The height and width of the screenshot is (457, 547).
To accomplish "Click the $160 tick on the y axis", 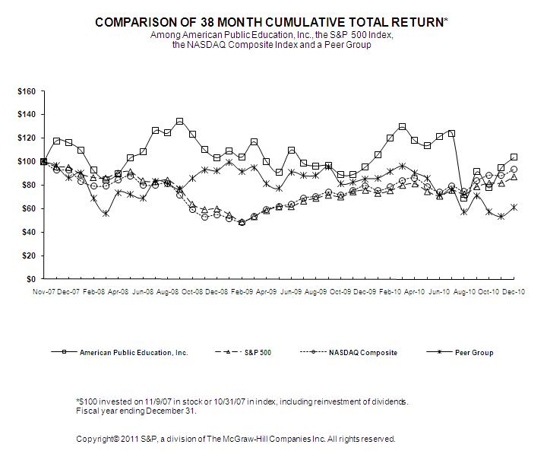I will click(27, 91).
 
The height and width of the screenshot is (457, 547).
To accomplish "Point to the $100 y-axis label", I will click(27, 161).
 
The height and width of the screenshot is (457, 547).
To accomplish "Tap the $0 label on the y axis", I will click(31, 279).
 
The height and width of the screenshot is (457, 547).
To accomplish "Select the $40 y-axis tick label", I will click(29, 232).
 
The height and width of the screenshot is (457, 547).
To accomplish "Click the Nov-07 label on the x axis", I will click(44, 291).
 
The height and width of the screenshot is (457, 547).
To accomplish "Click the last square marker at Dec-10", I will click(514, 157).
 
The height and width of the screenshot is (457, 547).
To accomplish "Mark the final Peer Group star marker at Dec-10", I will click(514, 207).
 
